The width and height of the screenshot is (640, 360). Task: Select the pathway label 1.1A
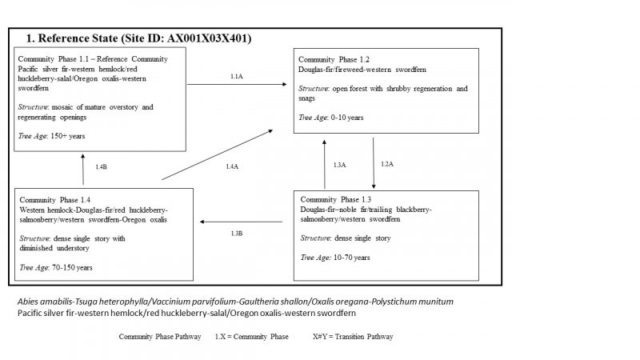pos(236,76)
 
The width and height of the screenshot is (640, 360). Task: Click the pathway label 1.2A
pos(386,163)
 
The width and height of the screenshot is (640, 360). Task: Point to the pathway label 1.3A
pos(339,164)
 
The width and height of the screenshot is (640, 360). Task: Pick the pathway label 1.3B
pos(236,233)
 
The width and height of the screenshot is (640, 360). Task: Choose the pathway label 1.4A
pos(231,166)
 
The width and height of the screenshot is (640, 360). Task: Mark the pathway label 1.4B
pos(101,166)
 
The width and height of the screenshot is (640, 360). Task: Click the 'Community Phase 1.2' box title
pos(334,60)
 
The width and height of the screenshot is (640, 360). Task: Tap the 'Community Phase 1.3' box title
pos(336,198)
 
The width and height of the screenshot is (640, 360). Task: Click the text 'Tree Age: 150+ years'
pos(51,136)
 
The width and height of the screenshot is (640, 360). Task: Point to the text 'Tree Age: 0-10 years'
pos(331,117)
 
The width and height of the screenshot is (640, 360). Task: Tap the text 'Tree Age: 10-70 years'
pos(335,258)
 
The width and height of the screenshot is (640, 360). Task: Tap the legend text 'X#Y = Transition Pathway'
pos(353,336)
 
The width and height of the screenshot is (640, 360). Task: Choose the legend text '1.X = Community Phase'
pos(252,336)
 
